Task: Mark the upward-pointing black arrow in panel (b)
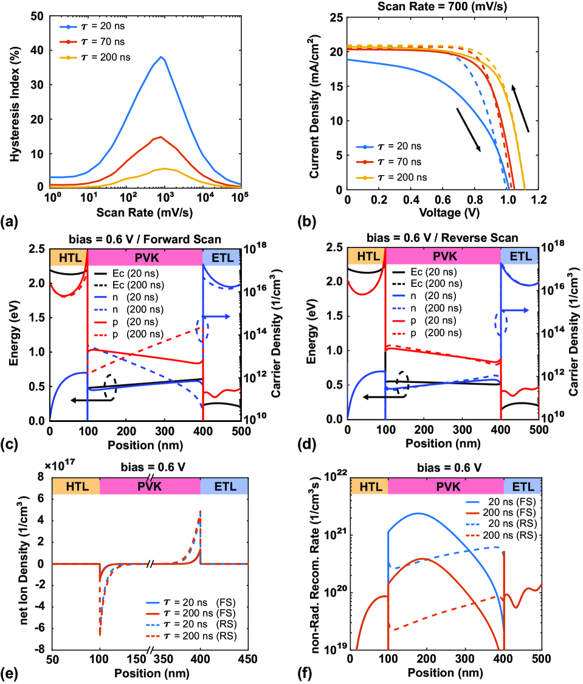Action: point(520,108)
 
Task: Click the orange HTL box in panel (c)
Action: point(68,257)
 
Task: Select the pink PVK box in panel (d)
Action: point(443,257)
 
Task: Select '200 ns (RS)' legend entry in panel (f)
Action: point(495,536)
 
